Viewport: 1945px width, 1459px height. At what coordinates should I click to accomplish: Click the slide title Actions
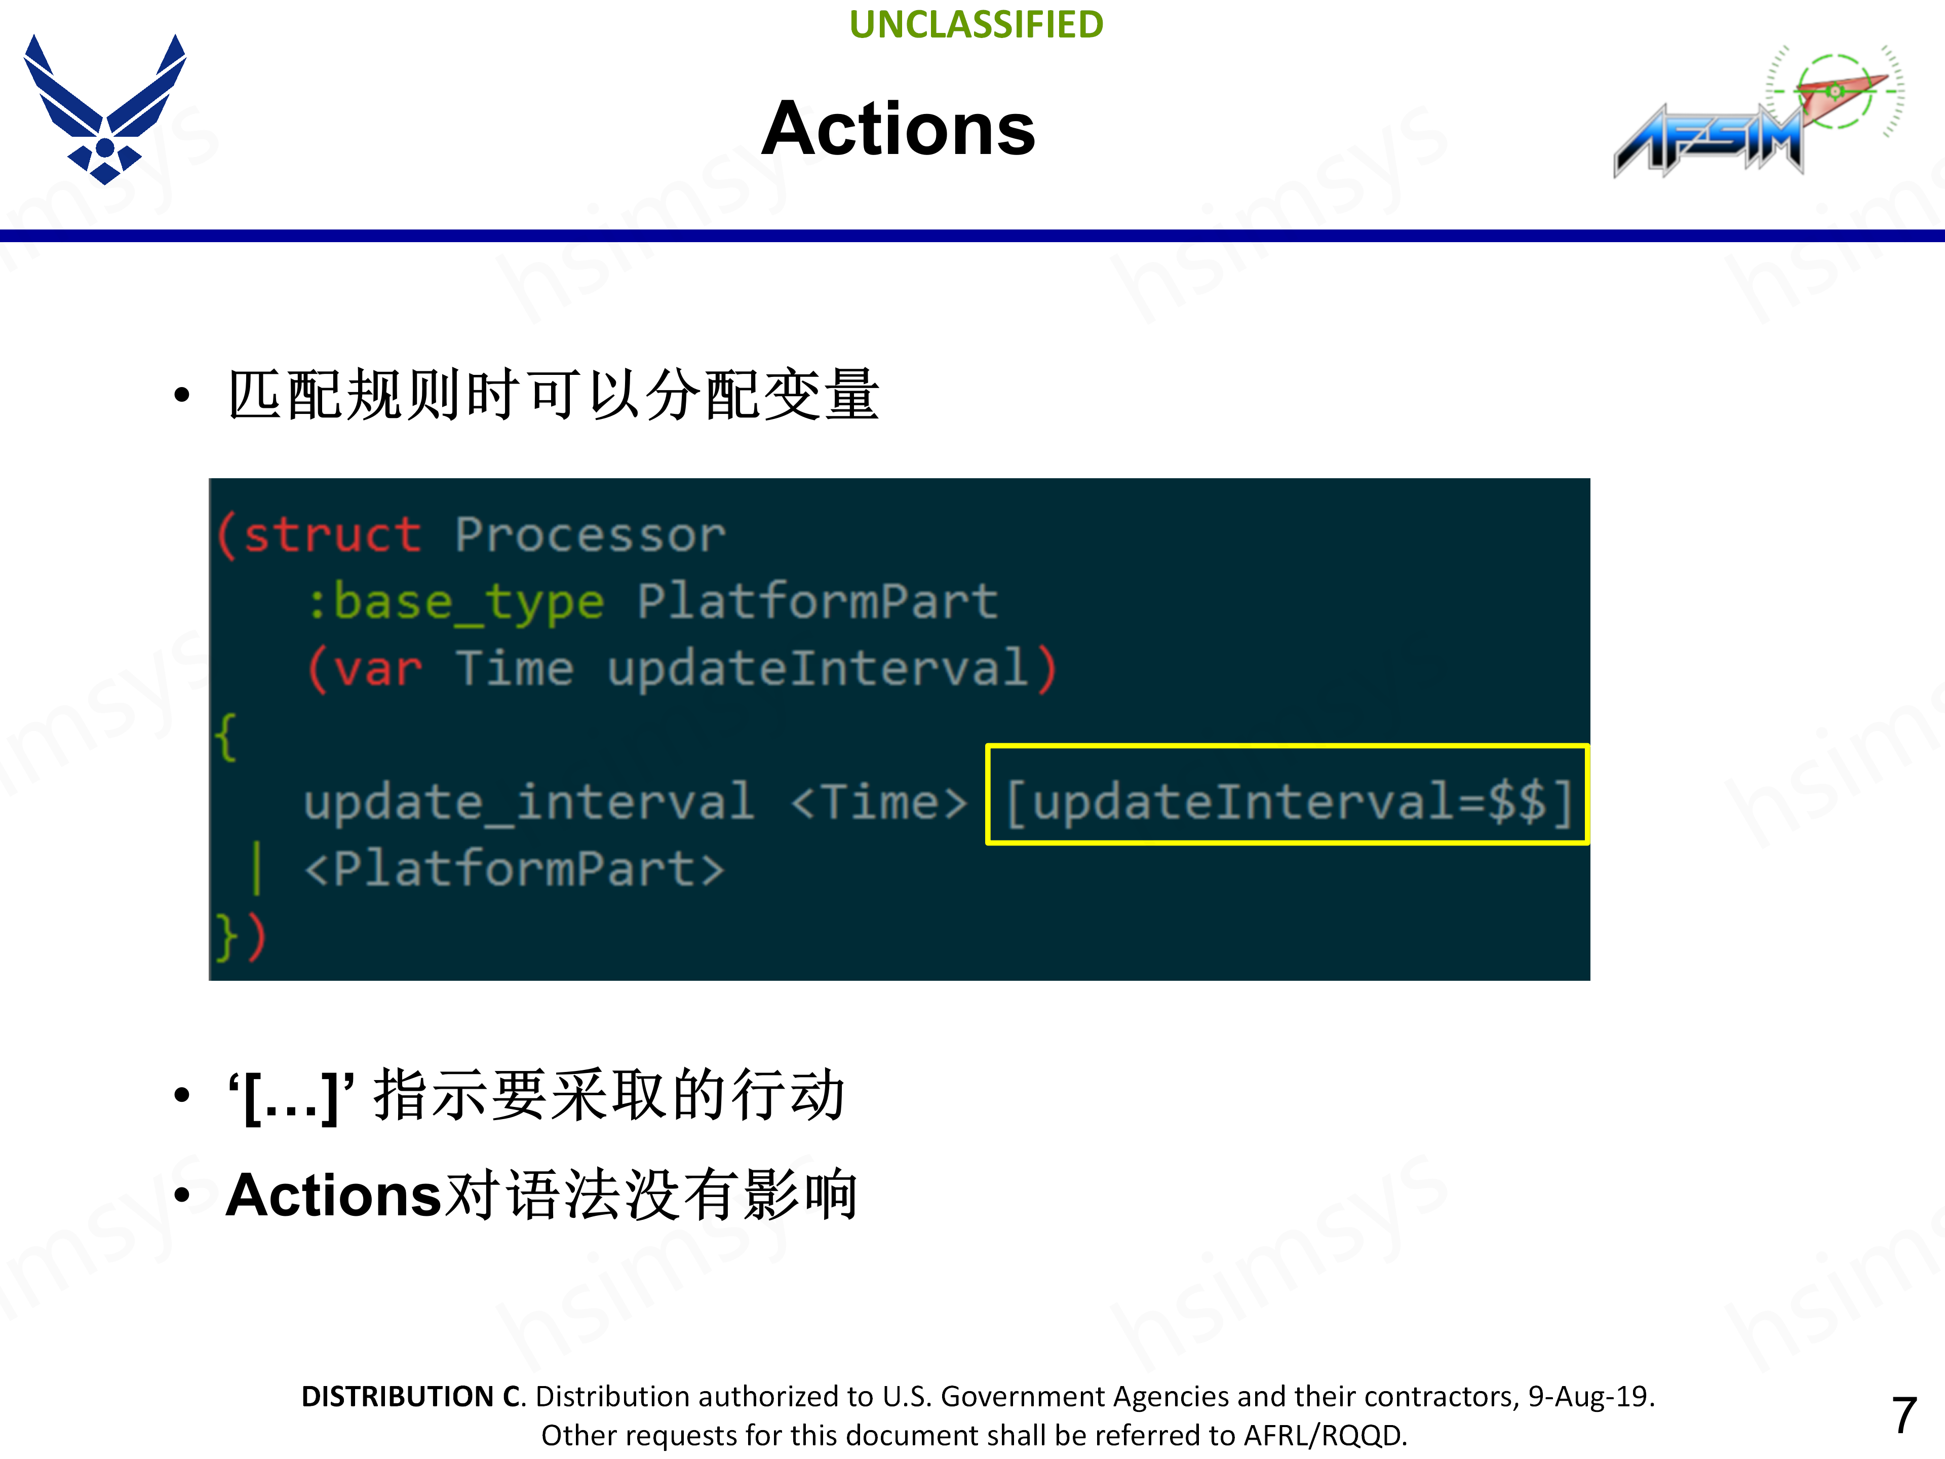pyautogui.click(x=898, y=129)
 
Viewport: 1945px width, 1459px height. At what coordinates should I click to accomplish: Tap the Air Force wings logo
pyautogui.click(x=105, y=107)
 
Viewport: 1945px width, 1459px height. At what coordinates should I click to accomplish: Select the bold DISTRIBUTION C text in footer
pyautogui.click(x=411, y=1397)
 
